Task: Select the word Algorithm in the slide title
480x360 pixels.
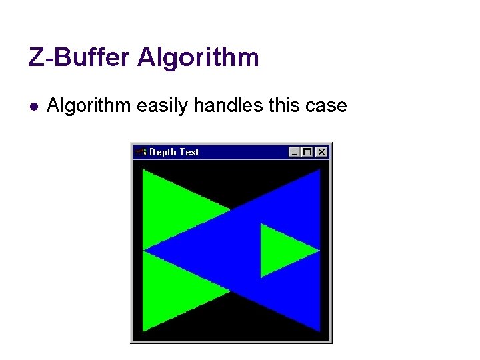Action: click(198, 58)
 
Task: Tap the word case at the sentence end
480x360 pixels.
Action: click(326, 105)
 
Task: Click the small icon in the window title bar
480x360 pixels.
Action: click(141, 152)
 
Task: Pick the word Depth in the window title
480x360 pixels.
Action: click(163, 152)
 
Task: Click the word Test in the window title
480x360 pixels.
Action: click(189, 152)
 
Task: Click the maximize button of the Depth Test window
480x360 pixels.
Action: click(307, 152)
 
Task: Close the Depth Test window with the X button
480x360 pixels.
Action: click(321, 152)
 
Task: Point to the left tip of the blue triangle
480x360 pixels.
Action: click(145, 251)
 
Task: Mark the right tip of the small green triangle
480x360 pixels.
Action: click(319, 251)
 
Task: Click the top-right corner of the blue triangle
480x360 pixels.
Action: click(319, 170)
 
